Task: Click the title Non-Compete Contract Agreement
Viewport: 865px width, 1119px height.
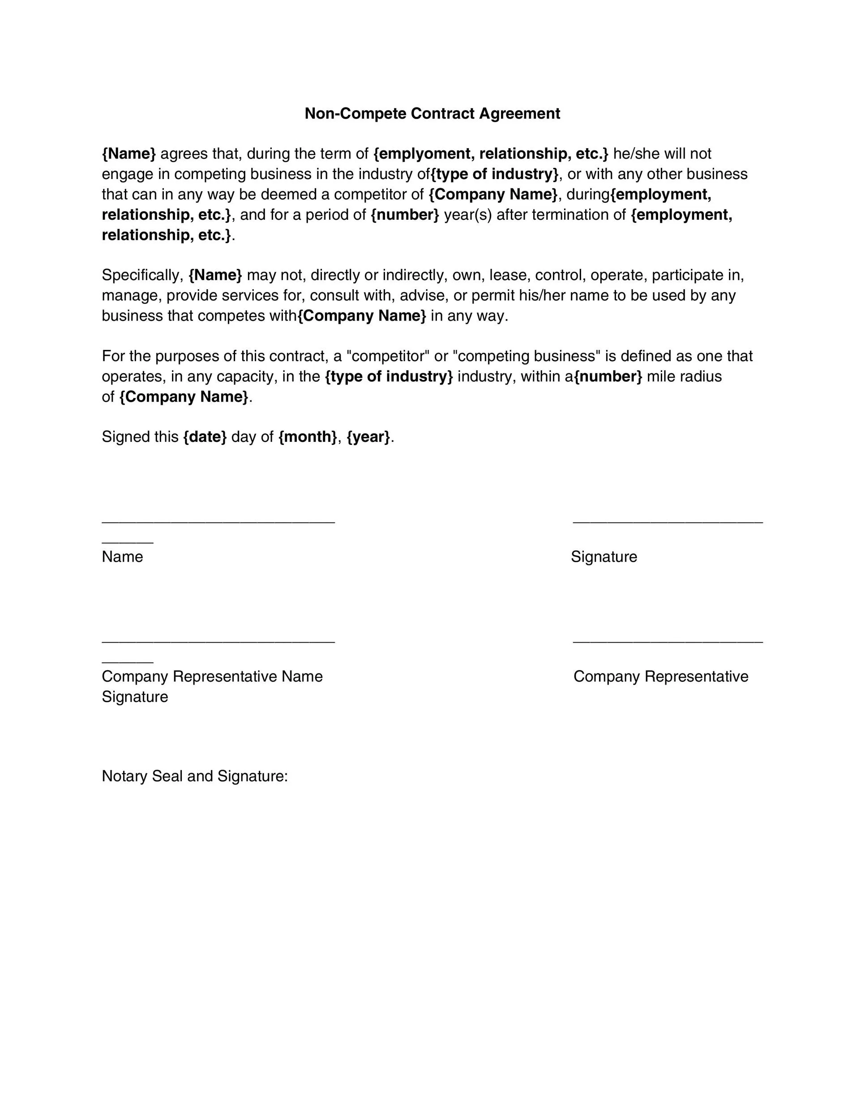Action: coord(432,113)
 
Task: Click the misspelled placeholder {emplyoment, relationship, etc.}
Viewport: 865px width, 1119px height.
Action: coord(490,154)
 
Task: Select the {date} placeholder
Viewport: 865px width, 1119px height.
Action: coord(205,436)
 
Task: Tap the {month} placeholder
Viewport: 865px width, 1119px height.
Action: coord(308,436)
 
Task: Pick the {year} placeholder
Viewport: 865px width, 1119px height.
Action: coord(368,436)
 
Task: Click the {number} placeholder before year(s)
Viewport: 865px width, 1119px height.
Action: coord(404,215)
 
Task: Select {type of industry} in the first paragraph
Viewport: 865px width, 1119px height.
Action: coord(494,174)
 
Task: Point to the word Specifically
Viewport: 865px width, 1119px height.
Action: coord(142,275)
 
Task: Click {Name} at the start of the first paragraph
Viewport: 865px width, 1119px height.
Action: coord(128,154)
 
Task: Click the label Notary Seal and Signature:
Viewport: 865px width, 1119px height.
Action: coord(195,776)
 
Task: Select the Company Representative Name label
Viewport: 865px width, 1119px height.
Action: coord(212,676)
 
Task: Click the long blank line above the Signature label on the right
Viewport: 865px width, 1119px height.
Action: coord(667,522)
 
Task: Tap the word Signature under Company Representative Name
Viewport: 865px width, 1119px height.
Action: coord(135,697)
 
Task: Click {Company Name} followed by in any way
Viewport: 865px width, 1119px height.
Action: coord(362,316)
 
